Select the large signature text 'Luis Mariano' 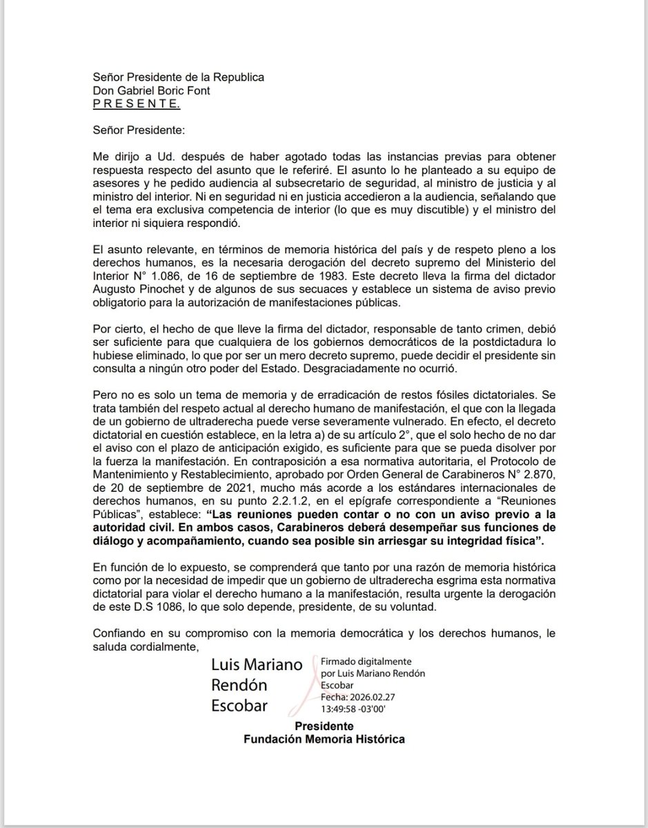pyautogui.click(x=257, y=664)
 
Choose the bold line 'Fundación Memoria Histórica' pyautogui.click(x=324, y=740)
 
